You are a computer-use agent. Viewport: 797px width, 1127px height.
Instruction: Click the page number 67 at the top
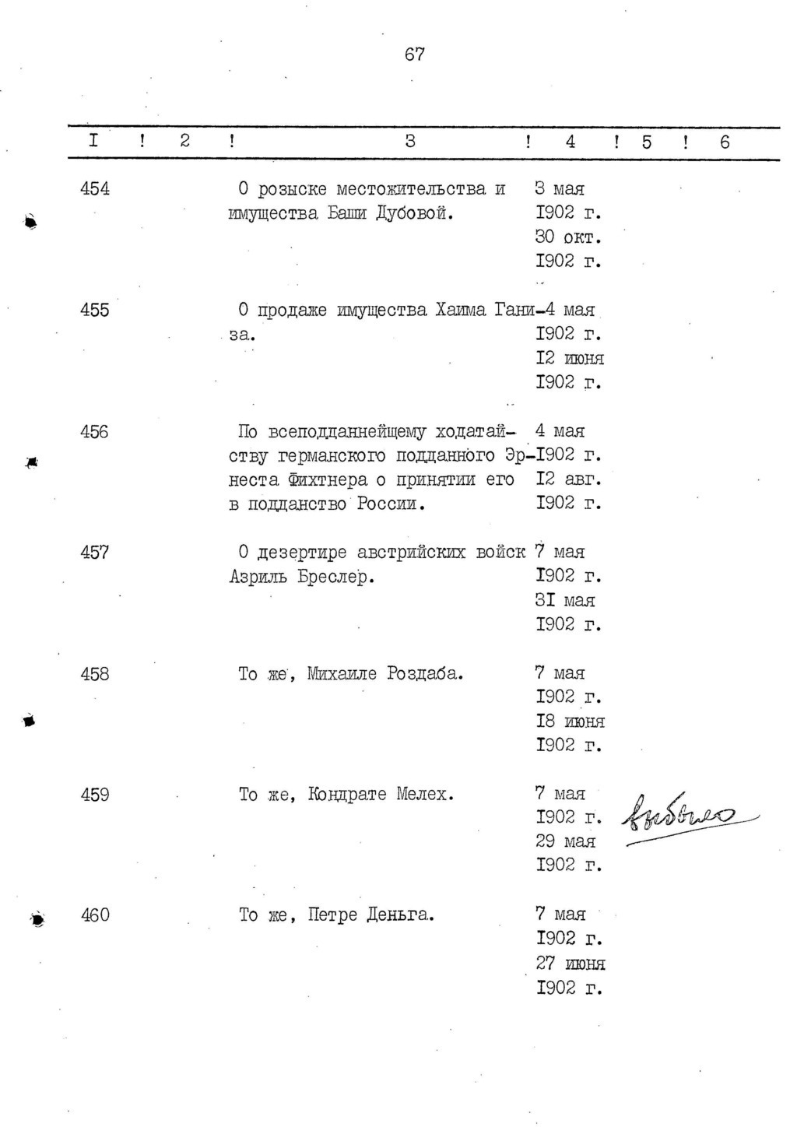pyautogui.click(x=415, y=54)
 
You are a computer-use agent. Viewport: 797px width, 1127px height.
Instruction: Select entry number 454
pyautogui.click(x=95, y=189)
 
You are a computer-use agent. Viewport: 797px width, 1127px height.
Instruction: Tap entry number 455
pyautogui.click(x=95, y=311)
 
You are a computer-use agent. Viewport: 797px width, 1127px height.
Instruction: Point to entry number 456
pyautogui.click(x=95, y=432)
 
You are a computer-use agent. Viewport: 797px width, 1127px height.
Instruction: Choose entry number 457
pyautogui.click(x=95, y=553)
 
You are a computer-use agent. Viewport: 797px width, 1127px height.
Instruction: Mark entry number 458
pyautogui.click(x=95, y=674)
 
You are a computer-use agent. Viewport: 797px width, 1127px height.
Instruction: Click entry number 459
pyautogui.click(x=95, y=795)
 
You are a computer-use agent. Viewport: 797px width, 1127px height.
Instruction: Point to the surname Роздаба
pyautogui.click(x=425, y=674)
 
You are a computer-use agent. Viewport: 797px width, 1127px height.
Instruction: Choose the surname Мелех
pyautogui.click(x=424, y=795)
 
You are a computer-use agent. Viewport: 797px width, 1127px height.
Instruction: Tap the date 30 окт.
pyautogui.click(x=568, y=237)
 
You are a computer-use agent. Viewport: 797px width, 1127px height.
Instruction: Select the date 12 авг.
pyautogui.click(x=568, y=479)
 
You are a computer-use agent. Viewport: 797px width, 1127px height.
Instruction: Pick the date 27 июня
pyautogui.click(x=570, y=964)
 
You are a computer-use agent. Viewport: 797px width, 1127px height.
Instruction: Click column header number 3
pyautogui.click(x=410, y=142)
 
